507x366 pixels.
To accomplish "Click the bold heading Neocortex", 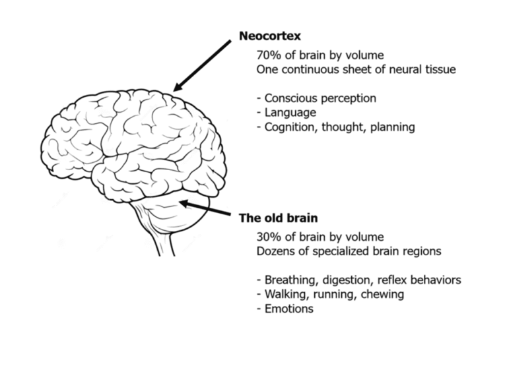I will click(271, 36).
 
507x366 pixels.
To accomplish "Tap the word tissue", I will click(439, 69).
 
